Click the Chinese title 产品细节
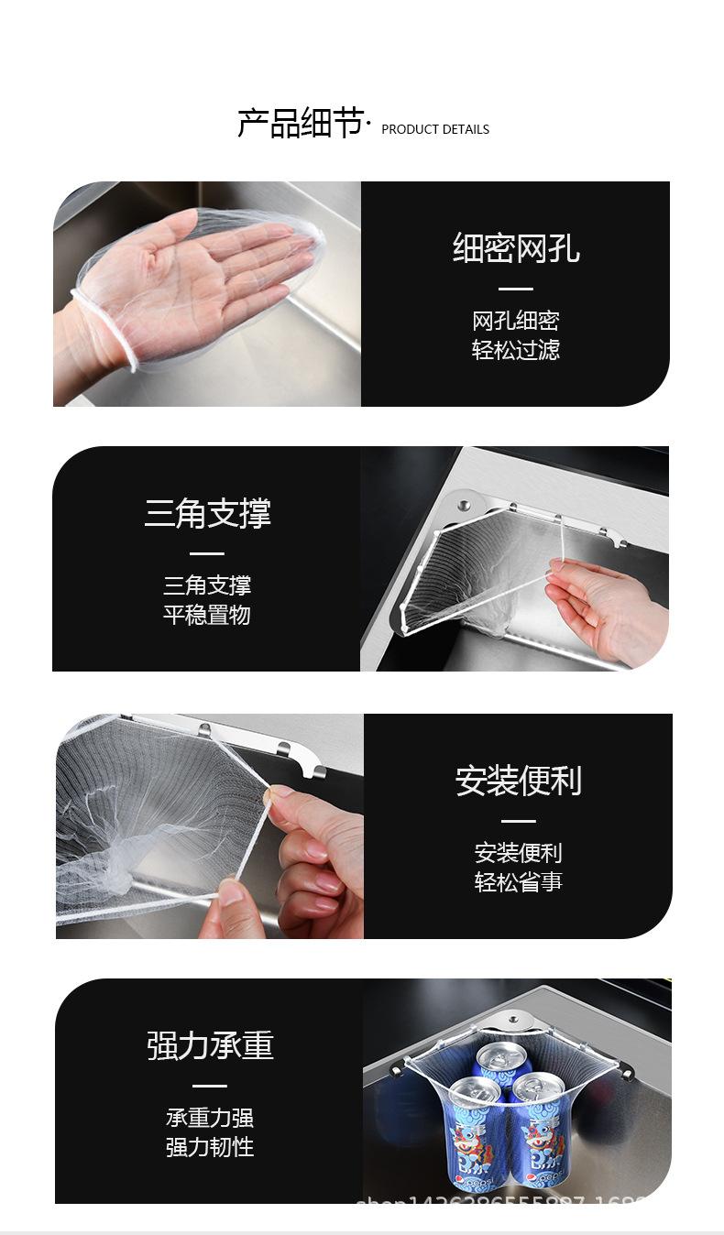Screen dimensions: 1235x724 (x=301, y=124)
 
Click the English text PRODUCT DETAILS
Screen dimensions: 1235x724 (x=434, y=129)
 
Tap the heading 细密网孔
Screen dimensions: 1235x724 (x=515, y=248)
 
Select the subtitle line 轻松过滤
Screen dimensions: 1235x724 (x=515, y=350)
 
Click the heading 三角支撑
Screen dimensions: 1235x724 (x=207, y=513)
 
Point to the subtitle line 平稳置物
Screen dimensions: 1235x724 (x=207, y=615)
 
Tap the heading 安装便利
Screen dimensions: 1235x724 (x=518, y=781)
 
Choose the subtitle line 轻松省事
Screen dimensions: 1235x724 (x=518, y=882)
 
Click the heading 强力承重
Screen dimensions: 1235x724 (x=210, y=1045)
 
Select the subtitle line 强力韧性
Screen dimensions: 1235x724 (x=210, y=1147)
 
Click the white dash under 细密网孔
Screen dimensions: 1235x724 (x=515, y=290)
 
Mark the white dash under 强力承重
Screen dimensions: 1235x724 (x=210, y=1086)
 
